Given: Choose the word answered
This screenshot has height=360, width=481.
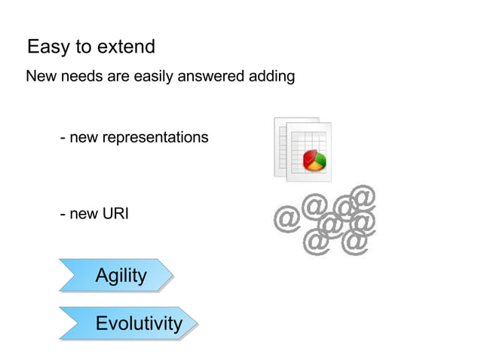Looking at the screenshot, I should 214,77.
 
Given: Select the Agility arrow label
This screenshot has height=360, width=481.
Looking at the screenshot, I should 121,276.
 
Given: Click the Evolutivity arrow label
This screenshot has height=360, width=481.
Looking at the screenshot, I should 139,324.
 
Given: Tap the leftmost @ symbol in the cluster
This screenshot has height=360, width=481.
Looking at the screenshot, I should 286,219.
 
